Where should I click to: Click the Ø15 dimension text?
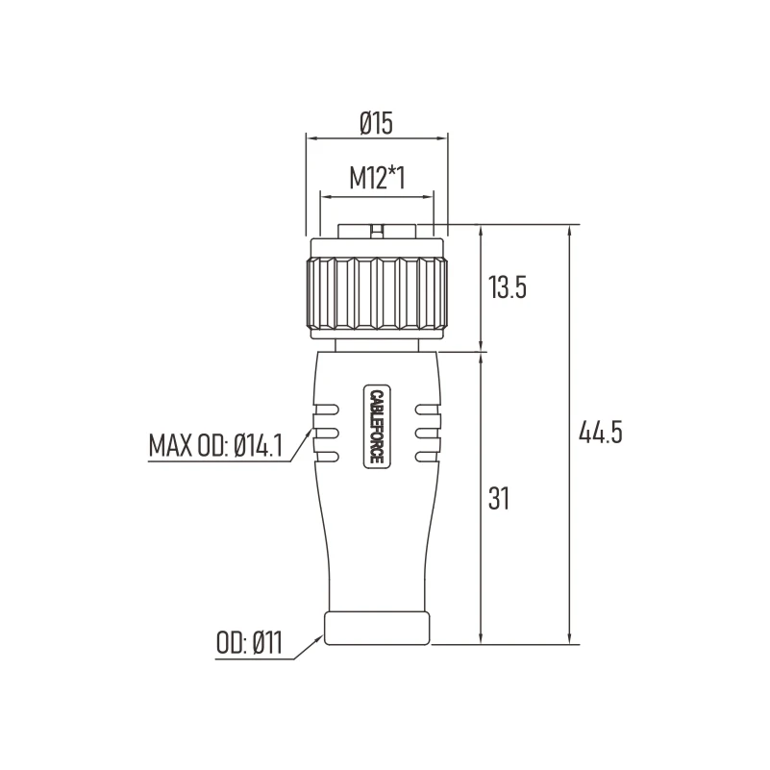coord(377,122)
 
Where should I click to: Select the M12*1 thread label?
coord(377,178)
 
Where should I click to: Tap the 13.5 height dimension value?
coord(507,287)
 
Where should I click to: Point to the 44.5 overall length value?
coord(601,433)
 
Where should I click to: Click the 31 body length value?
coord(498,498)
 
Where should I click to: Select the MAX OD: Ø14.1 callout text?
coord(221,447)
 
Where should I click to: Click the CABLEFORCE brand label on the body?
coord(376,427)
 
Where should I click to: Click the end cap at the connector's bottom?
coord(377,627)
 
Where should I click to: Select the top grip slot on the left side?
coord(326,409)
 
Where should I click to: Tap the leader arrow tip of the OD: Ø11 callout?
coord(322,631)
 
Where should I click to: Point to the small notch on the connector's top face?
coord(377,230)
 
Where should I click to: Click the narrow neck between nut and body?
coord(377,343)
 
